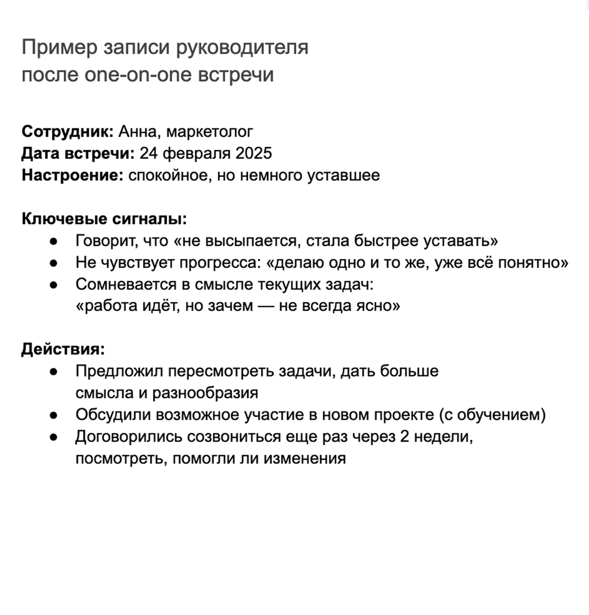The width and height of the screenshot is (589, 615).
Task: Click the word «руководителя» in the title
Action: pyautogui.click(x=242, y=48)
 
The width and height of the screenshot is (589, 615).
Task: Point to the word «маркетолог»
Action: pyautogui.click(x=210, y=132)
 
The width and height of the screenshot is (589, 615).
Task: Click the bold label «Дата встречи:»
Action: pyautogui.click(x=78, y=153)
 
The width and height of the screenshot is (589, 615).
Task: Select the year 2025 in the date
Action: pyautogui.click(x=254, y=153)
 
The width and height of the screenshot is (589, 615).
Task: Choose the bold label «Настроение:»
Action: pyautogui.click(x=72, y=175)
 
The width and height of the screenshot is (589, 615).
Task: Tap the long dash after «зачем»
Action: pyautogui.click(x=266, y=306)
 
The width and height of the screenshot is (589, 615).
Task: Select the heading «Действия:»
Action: pyautogui.click(x=63, y=349)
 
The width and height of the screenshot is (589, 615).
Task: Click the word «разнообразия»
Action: pyautogui.click(x=205, y=393)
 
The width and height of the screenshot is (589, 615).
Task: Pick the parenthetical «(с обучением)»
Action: pyautogui.click(x=492, y=415)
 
